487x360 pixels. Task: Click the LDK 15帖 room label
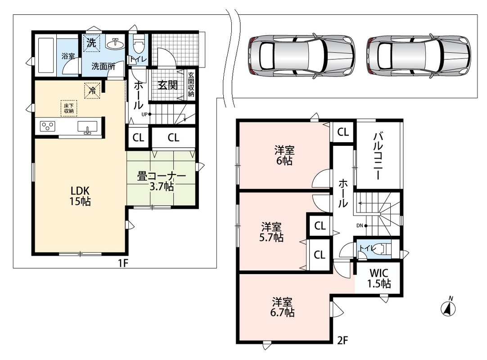[80, 196]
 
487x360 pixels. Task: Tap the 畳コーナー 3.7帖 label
[162, 181]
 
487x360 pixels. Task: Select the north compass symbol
[448, 307]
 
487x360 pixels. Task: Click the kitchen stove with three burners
[48, 126]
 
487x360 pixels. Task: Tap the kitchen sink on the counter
[87, 127]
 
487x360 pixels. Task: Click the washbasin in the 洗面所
[115, 44]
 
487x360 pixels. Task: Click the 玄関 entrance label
[168, 85]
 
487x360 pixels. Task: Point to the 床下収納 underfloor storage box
[69, 108]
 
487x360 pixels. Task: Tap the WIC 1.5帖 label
[379, 278]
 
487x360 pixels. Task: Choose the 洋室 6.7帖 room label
[282, 307]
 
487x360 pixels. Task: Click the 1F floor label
[123, 263]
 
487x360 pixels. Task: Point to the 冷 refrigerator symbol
[92, 90]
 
